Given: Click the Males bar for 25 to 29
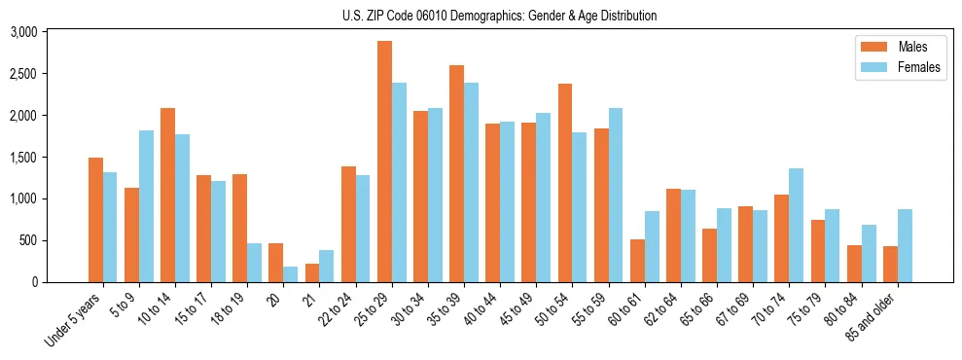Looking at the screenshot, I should (x=384, y=162).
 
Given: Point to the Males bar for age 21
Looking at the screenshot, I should (x=312, y=272).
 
